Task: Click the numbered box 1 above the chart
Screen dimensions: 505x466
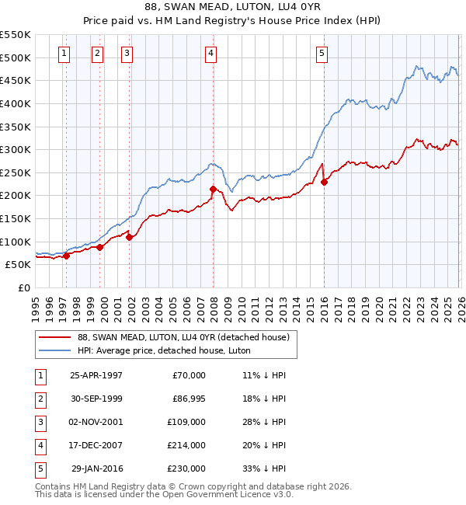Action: pyautogui.click(x=64, y=54)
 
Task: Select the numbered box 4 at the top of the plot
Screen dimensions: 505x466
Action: pyautogui.click(x=211, y=54)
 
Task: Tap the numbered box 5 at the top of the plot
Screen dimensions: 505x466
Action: pyautogui.click(x=322, y=54)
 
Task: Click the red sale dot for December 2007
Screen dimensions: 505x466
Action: pyautogui.click(x=213, y=189)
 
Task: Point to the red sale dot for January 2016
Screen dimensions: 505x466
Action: pyautogui.click(x=324, y=182)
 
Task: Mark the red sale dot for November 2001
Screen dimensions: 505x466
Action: pyautogui.click(x=129, y=237)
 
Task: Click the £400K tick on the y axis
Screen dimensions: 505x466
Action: pyautogui.click(x=16, y=103)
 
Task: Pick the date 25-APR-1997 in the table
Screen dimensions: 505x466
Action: pyautogui.click(x=96, y=375)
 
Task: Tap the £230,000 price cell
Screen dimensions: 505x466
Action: pyautogui.click(x=186, y=468)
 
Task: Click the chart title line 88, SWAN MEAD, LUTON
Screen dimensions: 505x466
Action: pyautogui.click(x=233, y=6)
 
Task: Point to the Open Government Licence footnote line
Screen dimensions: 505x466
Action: pyautogui.click(x=165, y=494)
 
